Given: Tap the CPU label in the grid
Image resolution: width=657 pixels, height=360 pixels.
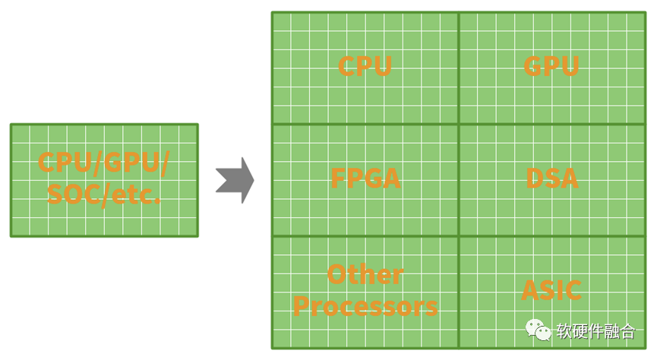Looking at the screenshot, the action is (x=365, y=66).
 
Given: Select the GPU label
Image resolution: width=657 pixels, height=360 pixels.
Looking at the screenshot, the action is (x=551, y=66).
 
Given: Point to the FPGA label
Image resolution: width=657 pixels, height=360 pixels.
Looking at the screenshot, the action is (x=365, y=178).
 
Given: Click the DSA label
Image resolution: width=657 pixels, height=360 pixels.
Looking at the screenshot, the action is (x=552, y=178).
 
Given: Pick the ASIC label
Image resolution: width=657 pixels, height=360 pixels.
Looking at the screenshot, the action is (x=551, y=290).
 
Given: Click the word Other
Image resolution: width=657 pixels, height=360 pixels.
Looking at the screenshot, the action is (x=365, y=274).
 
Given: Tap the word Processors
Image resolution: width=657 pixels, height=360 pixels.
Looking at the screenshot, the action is (x=365, y=306).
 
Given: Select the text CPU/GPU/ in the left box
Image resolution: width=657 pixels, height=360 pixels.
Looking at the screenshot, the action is (x=103, y=163).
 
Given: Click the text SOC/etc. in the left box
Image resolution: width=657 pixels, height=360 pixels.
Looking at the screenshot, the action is (x=103, y=194).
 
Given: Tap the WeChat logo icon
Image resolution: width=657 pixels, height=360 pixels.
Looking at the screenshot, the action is (x=539, y=330).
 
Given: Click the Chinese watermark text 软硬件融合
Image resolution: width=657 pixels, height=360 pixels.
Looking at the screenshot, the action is (x=595, y=331).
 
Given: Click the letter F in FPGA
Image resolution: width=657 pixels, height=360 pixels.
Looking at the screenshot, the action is (x=338, y=178).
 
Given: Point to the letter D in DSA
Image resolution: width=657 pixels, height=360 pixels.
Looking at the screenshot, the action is (x=534, y=178).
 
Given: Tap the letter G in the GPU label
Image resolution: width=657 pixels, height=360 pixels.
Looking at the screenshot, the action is (x=532, y=66).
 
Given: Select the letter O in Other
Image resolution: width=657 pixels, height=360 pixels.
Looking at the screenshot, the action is (x=336, y=274).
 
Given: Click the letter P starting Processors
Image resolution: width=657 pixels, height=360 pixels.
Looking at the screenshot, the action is (x=301, y=306).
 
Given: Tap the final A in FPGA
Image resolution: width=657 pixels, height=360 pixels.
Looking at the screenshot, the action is (x=391, y=178).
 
